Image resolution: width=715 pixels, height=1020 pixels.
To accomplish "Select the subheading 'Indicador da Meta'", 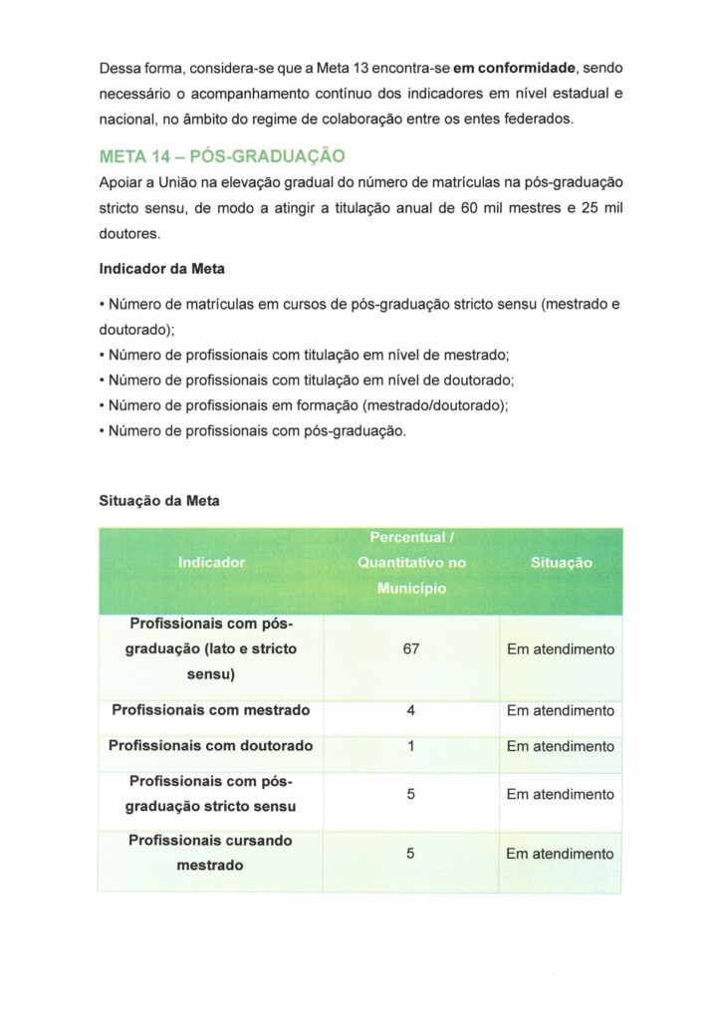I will [158, 269].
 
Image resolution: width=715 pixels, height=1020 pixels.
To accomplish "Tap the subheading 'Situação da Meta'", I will [159, 501].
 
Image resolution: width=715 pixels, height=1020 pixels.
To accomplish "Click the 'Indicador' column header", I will [211, 563].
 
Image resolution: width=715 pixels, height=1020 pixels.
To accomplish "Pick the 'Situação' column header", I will [561, 563].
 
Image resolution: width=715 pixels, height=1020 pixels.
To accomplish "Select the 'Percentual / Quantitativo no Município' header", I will [411, 563].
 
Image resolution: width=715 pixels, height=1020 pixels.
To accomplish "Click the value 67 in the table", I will [411, 649].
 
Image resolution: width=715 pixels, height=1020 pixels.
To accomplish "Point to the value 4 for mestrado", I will [411, 711].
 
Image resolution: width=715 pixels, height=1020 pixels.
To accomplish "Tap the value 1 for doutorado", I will [411, 746].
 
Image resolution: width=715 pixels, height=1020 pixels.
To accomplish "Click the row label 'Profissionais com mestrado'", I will [211, 711].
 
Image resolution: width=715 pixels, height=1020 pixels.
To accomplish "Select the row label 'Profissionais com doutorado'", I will [211, 746].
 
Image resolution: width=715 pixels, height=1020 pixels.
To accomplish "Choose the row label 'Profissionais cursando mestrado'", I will [211, 854].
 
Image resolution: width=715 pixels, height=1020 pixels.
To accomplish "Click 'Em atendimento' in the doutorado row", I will [561, 746].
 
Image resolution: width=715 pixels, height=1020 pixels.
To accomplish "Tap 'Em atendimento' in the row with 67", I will [561, 649].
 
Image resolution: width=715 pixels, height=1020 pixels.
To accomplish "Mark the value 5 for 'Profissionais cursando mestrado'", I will [411, 854].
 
